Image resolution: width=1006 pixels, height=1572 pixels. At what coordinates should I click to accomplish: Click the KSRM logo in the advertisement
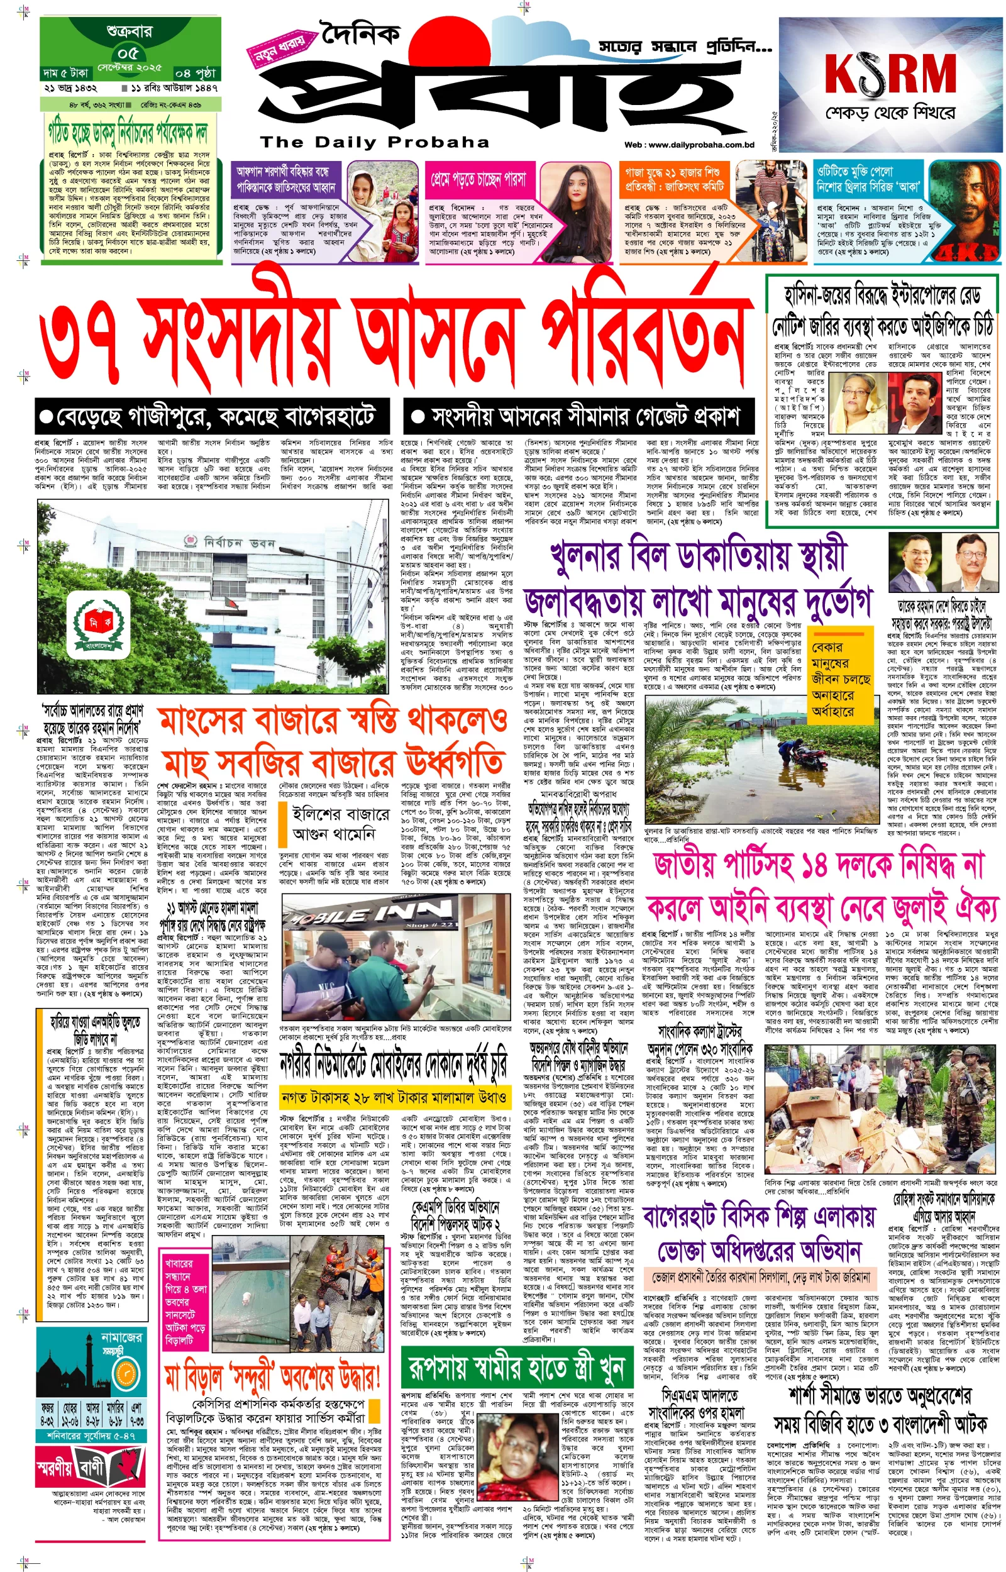[890, 72]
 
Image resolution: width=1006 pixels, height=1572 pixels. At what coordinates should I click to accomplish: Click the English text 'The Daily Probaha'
[374, 141]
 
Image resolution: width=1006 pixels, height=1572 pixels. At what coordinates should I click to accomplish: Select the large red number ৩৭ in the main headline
[82, 344]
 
